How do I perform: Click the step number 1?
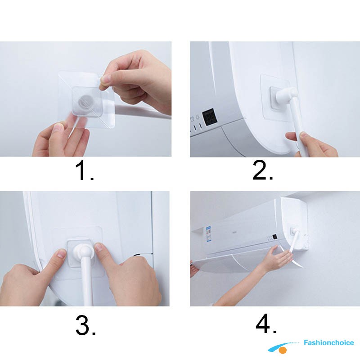(x=84, y=171)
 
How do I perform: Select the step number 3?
(x=85, y=325)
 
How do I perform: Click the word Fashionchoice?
(x=328, y=342)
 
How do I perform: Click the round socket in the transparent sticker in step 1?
(x=83, y=101)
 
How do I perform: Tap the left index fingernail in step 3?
(x=61, y=255)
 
